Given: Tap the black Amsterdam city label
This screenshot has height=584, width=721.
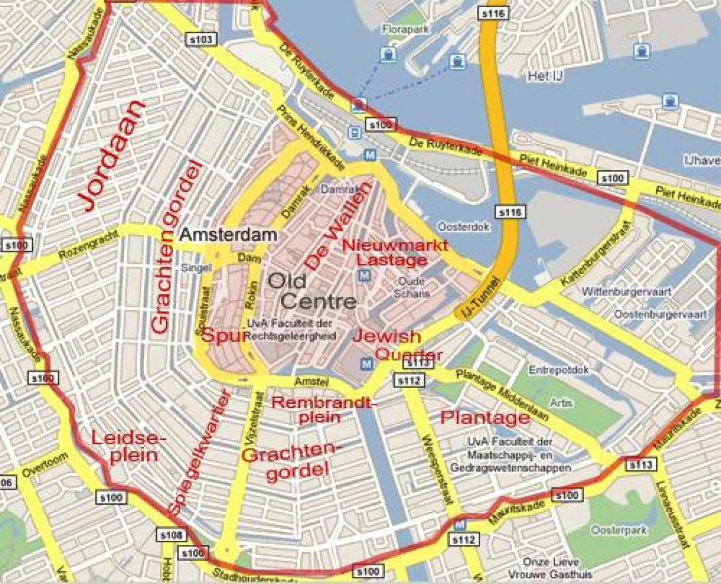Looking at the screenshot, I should pyautogui.click(x=229, y=234).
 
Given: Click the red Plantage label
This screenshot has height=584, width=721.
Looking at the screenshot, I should pyautogui.click(x=485, y=417).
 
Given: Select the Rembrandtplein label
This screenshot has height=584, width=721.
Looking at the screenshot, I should pyautogui.click(x=323, y=409).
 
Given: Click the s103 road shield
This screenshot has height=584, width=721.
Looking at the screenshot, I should pyautogui.click(x=200, y=40).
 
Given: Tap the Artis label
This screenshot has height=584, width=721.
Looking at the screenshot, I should pyautogui.click(x=559, y=403).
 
